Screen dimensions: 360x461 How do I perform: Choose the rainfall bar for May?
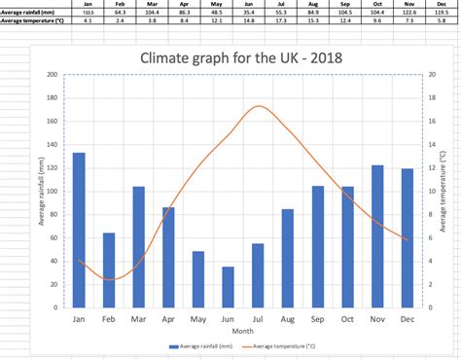click(x=197, y=278)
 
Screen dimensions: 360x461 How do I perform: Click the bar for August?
click(x=287, y=258)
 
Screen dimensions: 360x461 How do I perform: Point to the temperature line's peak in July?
click(x=258, y=106)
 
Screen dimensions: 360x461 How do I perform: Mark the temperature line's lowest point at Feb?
click(x=109, y=280)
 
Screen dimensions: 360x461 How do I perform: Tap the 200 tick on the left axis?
click(x=52, y=74)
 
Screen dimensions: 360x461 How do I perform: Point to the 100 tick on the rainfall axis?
click(x=52, y=191)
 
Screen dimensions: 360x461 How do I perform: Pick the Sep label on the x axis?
click(x=317, y=318)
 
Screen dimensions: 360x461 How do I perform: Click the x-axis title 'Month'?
click(x=242, y=330)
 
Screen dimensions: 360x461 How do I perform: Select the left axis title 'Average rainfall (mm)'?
click(x=42, y=191)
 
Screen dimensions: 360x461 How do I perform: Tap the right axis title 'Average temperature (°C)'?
click(x=443, y=191)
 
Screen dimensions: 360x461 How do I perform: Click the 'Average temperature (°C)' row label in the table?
click(x=32, y=19)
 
